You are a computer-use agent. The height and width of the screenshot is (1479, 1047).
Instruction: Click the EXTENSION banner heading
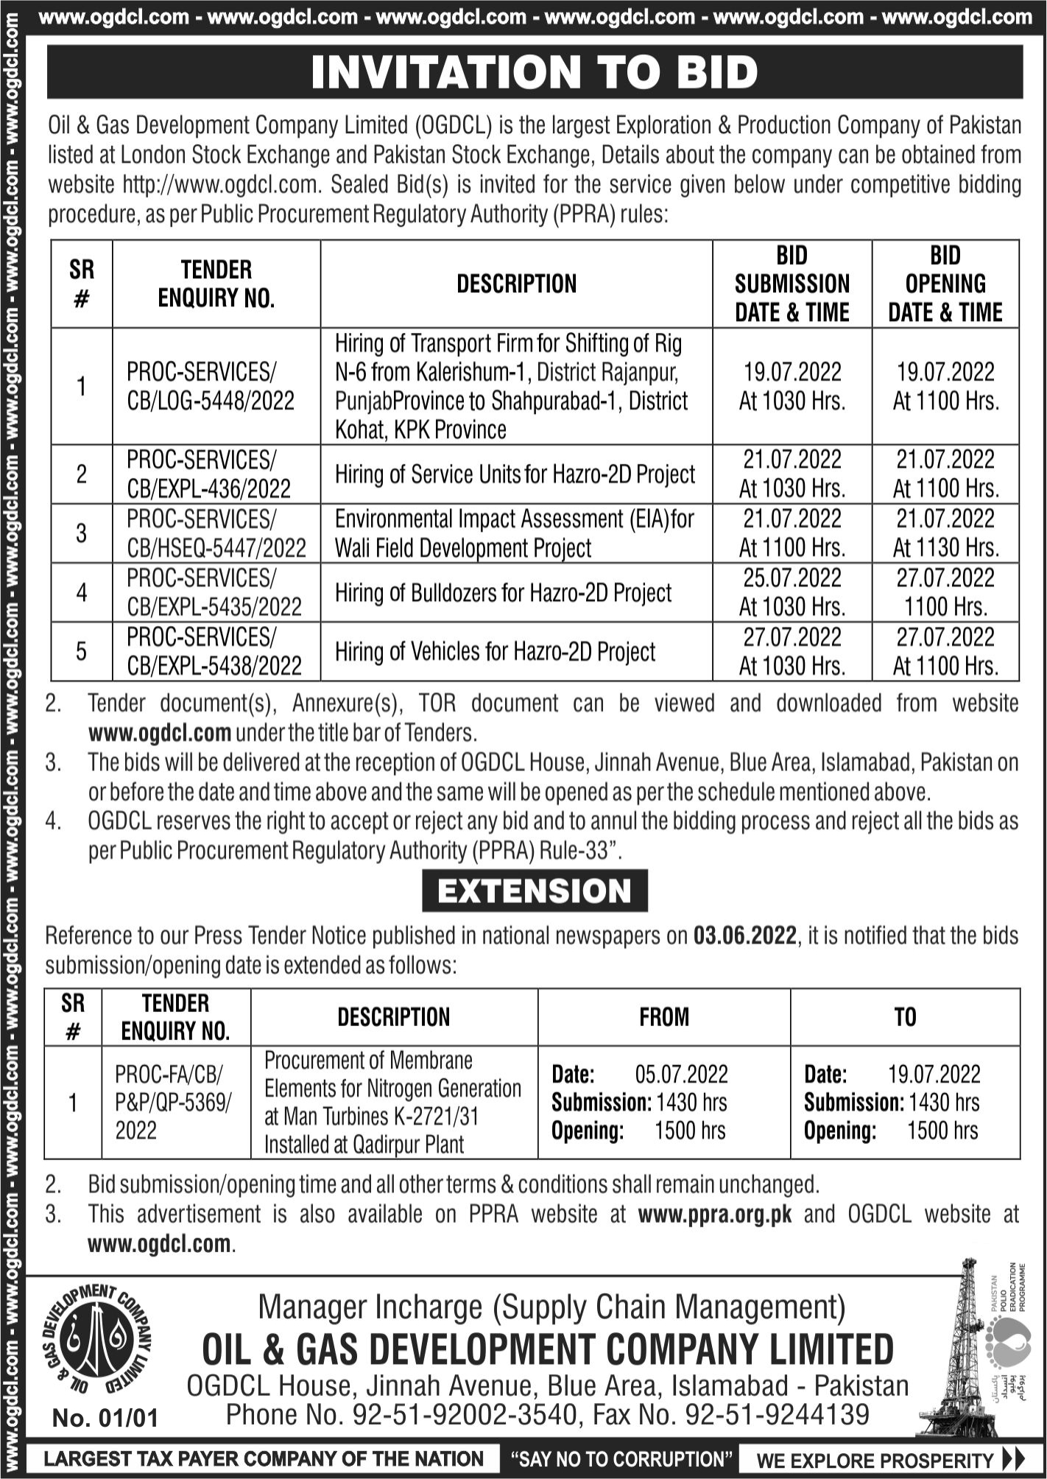tap(535, 890)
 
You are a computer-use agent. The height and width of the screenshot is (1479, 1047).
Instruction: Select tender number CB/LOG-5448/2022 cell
tap(211, 386)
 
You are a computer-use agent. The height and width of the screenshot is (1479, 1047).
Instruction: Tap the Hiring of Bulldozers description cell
tap(503, 593)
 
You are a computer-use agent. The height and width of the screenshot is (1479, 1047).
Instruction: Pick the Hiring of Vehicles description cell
tap(495, 652)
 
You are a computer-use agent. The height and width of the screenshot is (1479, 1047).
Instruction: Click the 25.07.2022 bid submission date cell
tap(792, 592)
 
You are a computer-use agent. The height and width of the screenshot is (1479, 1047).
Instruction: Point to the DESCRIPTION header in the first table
tap(516, 284)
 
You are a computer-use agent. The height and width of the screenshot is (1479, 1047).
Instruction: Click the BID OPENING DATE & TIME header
tap(945, 284)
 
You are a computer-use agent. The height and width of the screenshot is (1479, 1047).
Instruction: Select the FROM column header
tap(663, 1016)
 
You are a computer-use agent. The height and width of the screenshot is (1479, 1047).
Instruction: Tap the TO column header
tap(905, 1016)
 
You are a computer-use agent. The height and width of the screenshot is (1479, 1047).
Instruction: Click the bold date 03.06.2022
tap(744, 935)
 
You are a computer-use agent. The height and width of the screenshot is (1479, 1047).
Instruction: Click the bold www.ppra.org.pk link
tap(715, 1214)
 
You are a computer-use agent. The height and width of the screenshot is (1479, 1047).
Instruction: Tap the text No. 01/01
tap(105, 1417)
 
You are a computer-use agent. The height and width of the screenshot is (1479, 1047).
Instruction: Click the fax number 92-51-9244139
tap(778, 1414)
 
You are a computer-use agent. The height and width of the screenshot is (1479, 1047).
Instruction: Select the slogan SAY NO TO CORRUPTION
tap(616, 1459)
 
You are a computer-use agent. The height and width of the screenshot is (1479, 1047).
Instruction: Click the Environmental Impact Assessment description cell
tap(514, 533)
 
